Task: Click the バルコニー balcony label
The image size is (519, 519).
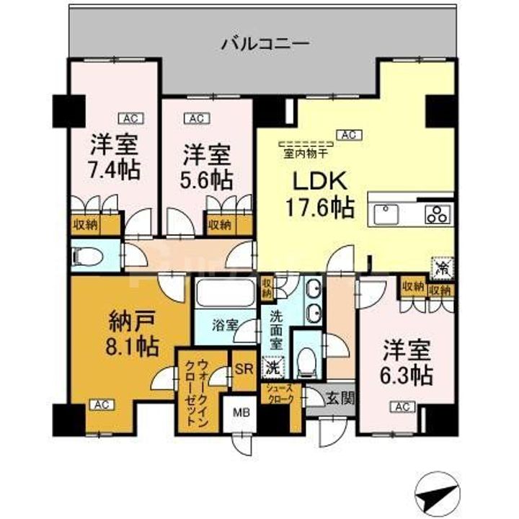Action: [x=265, y=43]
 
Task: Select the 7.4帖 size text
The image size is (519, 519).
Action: [x=115, y=170]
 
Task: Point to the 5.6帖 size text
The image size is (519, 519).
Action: [x=206, y=178]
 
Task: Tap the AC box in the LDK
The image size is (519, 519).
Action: [x=349, y=134]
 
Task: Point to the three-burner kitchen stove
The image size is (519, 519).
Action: [x=437, y=213]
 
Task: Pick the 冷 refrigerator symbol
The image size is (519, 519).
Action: [x=440, y=267]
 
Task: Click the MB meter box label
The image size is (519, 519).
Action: [x=243, y=414]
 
